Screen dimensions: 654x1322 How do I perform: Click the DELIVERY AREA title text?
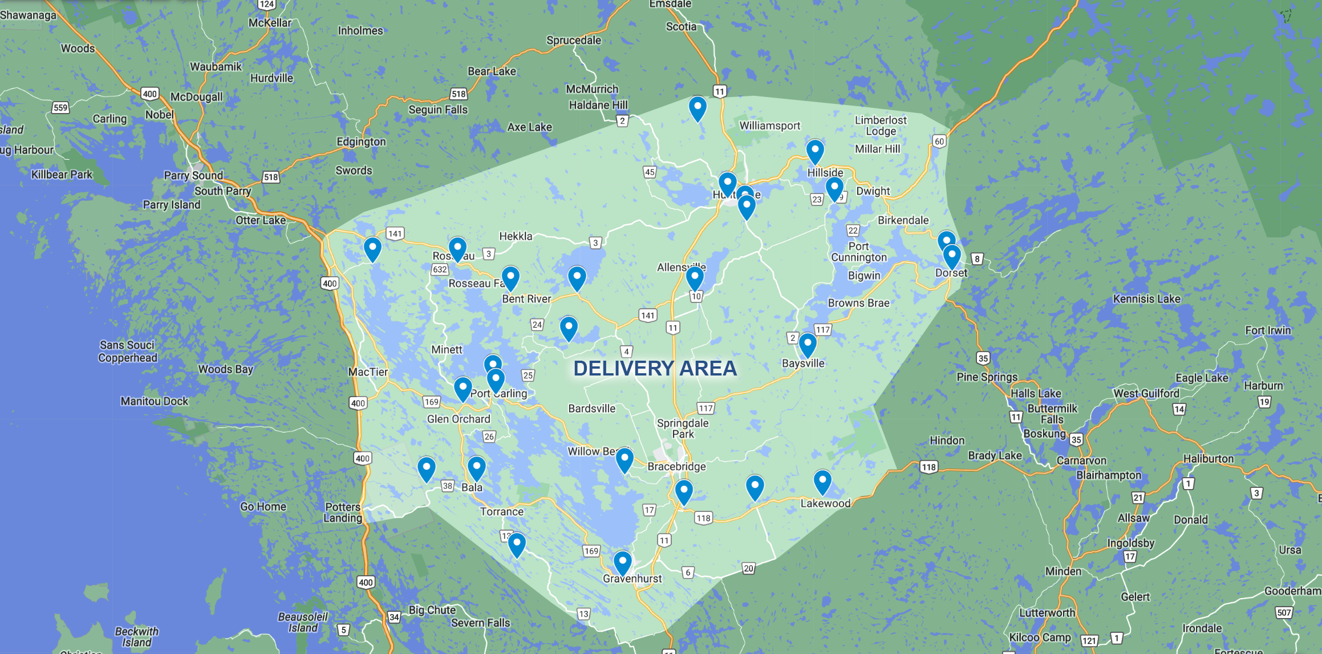pyautogui.click(x=655, y=369)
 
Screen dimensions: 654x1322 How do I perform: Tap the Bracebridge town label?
pyautogui.click(x=676, y=466)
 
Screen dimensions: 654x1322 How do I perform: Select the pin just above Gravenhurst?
pyautogui.click(x=622, y=562)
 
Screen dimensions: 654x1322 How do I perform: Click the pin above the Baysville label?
pyautogui.click(x=808, y=344)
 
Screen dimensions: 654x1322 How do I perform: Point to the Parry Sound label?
pyautogui.click(x=193, y=175)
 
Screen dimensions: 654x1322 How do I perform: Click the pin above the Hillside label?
pyautogui.click(x=815, y=151)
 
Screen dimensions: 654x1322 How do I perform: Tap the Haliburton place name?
pyautogui.click(x=1208, y=458)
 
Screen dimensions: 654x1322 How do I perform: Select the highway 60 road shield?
pyautogui.click(x=939, y=141)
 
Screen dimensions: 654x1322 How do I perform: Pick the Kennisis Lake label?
pyautogui.click(x=1146, y=298)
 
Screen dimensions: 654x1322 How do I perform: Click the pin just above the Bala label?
pyautogui.click(x=476, y=467)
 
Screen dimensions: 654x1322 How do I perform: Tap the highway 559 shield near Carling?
pyautogui.click(x=60, y=107)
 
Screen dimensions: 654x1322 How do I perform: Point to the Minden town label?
pyautogui.click(x=1063, y=571)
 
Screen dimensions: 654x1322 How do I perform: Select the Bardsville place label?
pyautogui.click(x=591, y=408)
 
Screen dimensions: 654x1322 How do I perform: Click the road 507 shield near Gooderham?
pyautogui.click(x=1284, y=612)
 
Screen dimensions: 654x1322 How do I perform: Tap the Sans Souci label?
pyautogui.click(x=127, y=345)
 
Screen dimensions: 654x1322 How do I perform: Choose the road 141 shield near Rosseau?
pyautogui.click(x=395, y=233)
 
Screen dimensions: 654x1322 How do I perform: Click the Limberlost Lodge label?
pyautogui.click(x=880, y=126)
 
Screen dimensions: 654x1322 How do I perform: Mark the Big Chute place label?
pyautogui.click(x=432, y=609)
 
